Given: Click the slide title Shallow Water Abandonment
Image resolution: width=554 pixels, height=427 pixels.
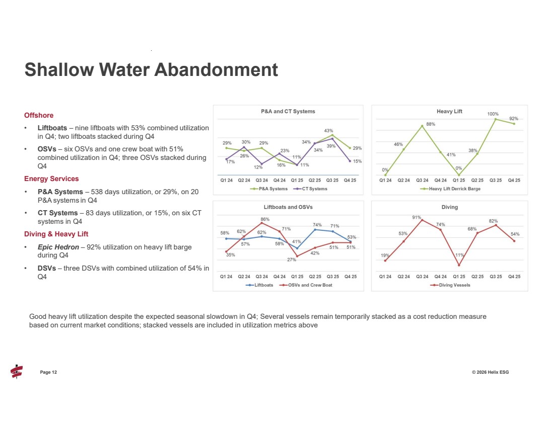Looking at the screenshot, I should (151, 69).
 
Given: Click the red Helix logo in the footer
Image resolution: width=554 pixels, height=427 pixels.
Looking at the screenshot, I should (17, 371).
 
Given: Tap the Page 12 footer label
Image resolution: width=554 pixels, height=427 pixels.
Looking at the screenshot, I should (48, 372).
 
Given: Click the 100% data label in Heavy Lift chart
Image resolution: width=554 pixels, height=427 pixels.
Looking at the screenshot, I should (493, 114).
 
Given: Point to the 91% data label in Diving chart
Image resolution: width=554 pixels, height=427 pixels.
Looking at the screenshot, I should (417, 217).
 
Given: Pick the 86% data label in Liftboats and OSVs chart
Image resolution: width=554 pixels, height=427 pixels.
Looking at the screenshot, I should (264, 219).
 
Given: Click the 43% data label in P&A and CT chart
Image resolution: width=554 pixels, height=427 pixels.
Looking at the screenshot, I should (328, 131).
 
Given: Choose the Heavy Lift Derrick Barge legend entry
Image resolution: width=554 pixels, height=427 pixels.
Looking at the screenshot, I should (452, 189).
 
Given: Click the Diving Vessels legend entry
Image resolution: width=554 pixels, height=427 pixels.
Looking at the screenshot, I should (452, 285).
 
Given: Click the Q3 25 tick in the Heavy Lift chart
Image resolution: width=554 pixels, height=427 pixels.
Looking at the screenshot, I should (496, 180).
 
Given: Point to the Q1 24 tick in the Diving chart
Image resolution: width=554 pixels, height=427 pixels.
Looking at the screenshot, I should (385, 276).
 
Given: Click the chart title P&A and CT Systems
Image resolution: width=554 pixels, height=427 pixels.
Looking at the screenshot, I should (288, 111).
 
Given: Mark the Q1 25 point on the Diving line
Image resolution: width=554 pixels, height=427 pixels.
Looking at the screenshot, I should (459, 265).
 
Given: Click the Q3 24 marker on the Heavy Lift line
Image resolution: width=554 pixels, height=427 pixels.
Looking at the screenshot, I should (422, 126).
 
